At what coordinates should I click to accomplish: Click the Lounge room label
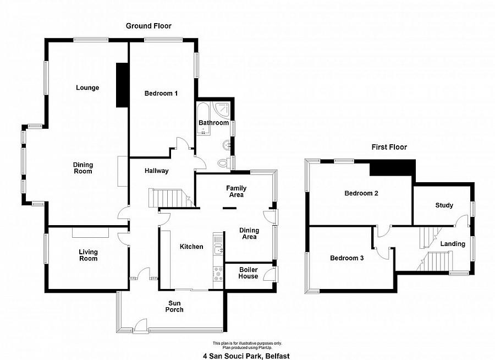87,88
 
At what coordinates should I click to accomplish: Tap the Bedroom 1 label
161,93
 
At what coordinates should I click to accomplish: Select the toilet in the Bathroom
223,163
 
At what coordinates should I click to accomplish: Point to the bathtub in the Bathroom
204,118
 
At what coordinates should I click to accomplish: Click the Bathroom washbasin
227,145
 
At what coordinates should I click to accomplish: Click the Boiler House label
248,273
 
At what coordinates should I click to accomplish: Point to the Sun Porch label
174,306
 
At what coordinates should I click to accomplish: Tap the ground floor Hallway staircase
171,198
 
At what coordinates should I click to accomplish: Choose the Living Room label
89,255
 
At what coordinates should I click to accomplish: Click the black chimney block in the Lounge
122,85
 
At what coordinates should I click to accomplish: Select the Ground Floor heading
148,26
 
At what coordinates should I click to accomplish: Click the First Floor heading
389,147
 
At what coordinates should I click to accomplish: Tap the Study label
444,205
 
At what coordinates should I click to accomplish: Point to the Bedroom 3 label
346,258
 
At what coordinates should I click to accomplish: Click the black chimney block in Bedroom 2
392,167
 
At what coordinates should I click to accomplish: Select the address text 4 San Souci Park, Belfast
246,356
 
